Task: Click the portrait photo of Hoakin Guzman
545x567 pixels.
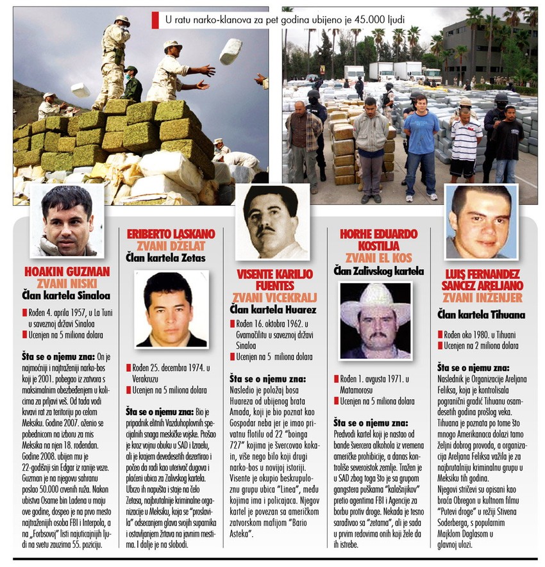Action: tap(67, 220)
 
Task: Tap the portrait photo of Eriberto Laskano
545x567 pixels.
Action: tap(171, 309)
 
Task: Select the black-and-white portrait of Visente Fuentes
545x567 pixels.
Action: tap(273, 222)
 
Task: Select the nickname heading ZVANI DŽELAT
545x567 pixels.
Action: tap(171, 245)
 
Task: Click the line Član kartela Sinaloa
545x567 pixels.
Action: tap(67, 295)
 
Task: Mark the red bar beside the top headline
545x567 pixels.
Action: tap(155, 21)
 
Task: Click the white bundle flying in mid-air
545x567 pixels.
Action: tap(230, 51)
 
